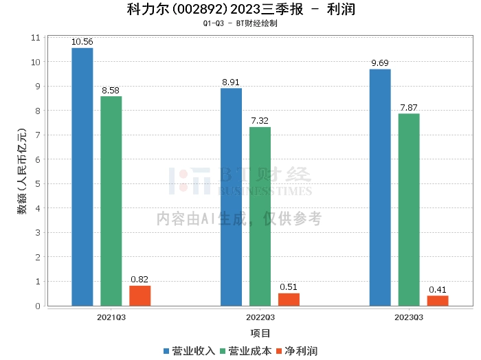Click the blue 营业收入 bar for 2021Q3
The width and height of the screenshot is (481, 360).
coord(82,177)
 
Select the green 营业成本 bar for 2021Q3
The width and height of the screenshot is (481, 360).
coord(111,201)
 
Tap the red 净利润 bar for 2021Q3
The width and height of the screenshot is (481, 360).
coord(139,295)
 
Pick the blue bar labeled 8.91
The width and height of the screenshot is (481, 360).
coord(231,196)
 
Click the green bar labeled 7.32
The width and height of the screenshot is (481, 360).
coord(260,216)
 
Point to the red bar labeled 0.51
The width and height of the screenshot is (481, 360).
coord(289,300)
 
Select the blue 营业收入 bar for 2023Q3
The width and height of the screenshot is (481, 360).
coord(380,187)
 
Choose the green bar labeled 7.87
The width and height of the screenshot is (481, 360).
coord(409,210)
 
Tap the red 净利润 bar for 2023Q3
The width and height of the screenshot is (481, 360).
coord(438,300)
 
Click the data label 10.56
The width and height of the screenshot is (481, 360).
coord(82,42)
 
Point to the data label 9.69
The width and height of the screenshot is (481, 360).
coord(380,63)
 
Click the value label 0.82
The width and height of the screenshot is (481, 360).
coord(139,280)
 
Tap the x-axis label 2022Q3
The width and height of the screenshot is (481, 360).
coord(260,318)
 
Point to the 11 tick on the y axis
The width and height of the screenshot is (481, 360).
coord(36,37)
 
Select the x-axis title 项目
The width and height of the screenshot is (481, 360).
coord(260,333)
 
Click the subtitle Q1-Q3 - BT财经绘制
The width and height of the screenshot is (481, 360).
coord(240,23)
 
